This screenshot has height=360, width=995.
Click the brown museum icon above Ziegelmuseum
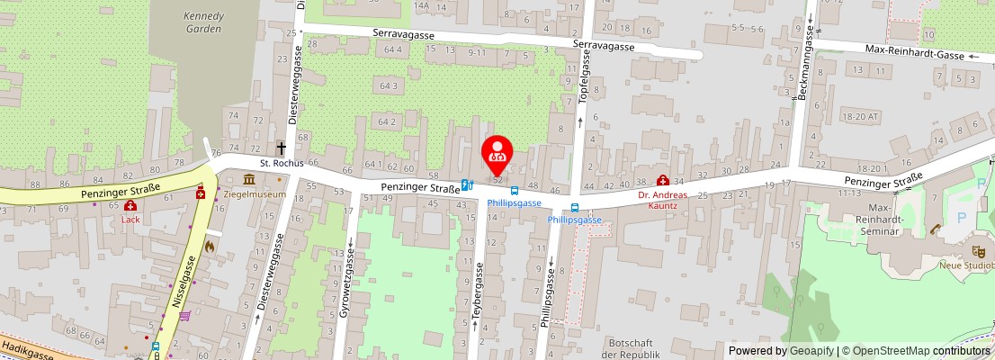click(247, 180)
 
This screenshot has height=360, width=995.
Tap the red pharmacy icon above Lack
click(130, 205)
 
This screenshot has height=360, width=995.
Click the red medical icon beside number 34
click(663, 181)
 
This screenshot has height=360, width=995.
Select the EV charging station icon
click(467, 184)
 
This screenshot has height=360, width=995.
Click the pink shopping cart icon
click(185, 315)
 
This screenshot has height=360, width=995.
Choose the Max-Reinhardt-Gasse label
click(914, 55)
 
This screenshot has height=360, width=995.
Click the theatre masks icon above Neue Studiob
click(978, 251)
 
